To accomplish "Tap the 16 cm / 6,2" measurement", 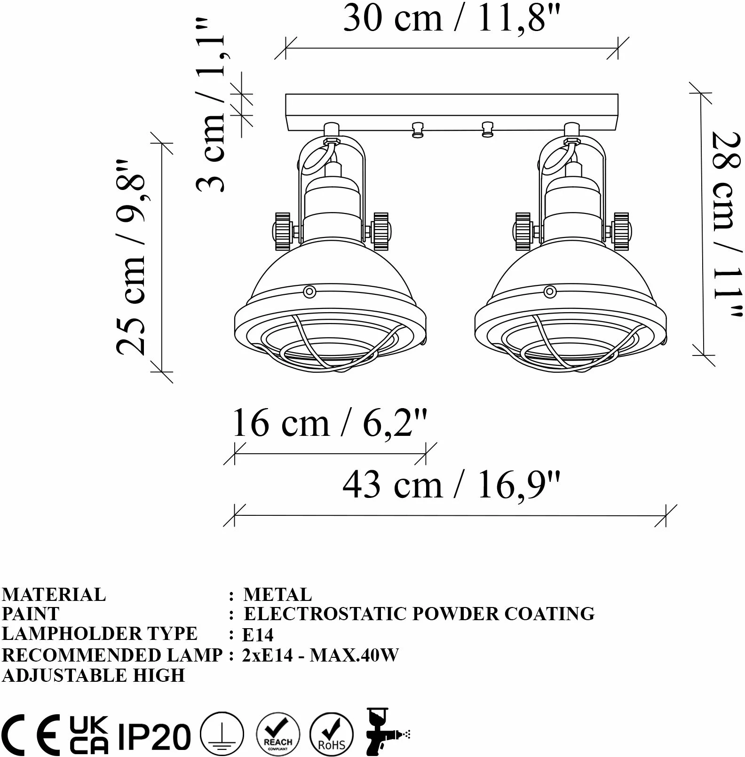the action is [x=330, y=423].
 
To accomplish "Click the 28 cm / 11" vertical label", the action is [x=727, y=225].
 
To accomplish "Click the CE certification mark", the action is [x=31, y=734].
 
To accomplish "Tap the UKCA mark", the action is [x=89, y=735].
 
